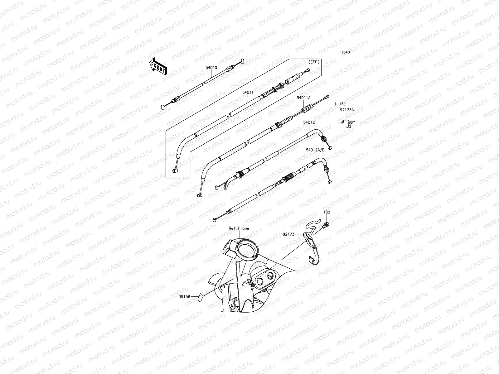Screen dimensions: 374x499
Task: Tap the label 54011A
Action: point(303,98)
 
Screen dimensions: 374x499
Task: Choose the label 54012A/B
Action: point(315,150)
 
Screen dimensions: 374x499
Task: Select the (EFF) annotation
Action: point(314,62)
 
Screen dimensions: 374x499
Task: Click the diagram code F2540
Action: point(345,53)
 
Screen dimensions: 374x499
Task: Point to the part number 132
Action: point(327,212)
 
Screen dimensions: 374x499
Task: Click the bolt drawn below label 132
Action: point(326,225)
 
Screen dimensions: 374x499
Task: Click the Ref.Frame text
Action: point(239,228)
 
